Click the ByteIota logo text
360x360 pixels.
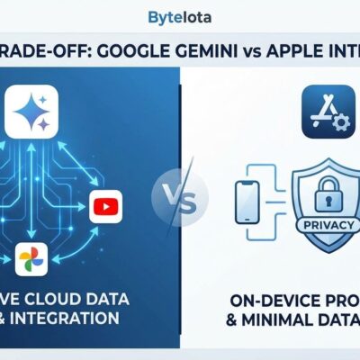click(180, 17)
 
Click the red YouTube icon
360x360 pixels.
click(105, 208)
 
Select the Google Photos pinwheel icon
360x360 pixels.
click(31, 261)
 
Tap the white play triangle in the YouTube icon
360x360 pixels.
click(106, 208)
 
